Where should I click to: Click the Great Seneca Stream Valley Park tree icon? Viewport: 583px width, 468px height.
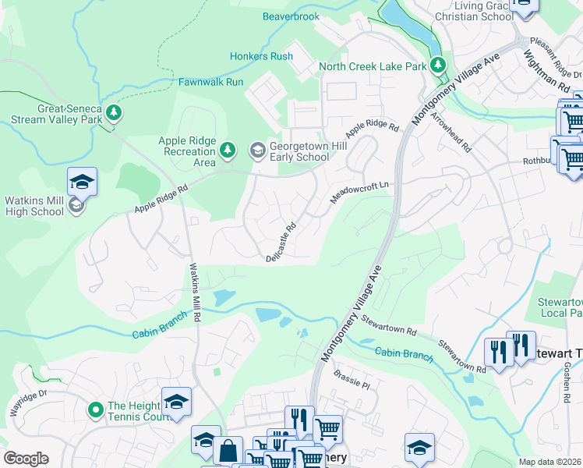coord(114,113)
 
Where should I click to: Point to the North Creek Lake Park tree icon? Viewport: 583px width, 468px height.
coord(439,66)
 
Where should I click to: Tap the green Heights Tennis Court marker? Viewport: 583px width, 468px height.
coord(95,409)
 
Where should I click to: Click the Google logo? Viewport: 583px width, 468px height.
coord(26,459)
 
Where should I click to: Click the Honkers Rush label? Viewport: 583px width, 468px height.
coord(261,56)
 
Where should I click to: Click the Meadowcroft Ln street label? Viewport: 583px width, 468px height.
coord(359,190)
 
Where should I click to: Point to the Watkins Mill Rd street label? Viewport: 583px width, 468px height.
coord(196,292)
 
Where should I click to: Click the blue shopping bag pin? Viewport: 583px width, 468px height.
coord(228,451)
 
